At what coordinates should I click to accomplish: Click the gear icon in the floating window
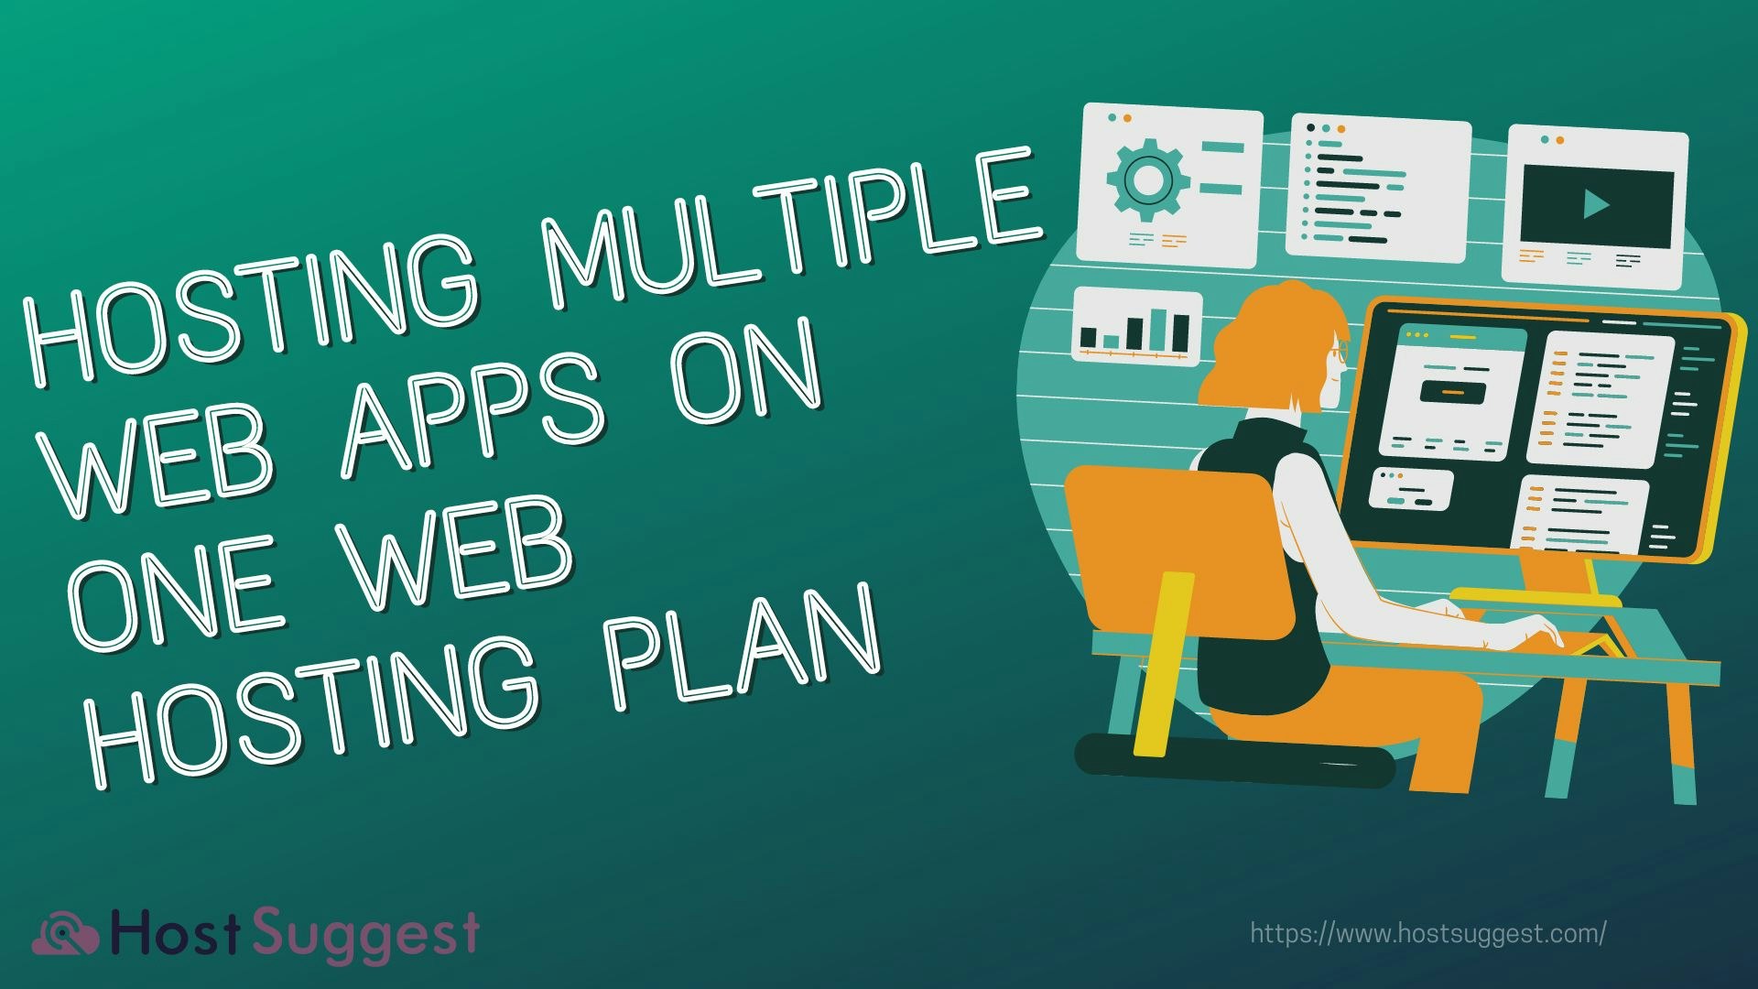pos(1148,179)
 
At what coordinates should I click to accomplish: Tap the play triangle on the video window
pos(1596,204)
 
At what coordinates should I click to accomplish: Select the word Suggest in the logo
pos(365,934)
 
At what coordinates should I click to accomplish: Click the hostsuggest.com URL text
pos(1427,934)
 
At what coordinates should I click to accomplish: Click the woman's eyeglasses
pos(1340,351)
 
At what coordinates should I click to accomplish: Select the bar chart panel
pos(1136,325)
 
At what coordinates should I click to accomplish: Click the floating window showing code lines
pos(1377,187)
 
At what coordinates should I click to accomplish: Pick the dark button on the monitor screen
pos(1453,391)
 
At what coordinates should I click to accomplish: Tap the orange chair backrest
pos(1172,540)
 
